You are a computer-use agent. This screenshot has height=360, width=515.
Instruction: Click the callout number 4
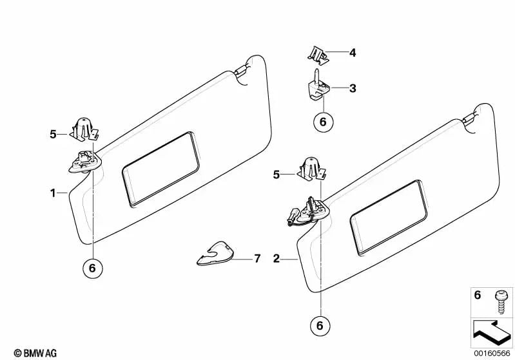tap(353, 53)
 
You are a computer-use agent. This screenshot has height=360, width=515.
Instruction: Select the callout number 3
tap(353, 88)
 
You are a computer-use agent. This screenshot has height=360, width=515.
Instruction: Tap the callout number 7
tap(257, 259)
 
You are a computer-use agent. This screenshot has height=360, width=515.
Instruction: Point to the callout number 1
tap(53, 193)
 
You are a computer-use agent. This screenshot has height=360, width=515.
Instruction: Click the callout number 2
tap(277, 259)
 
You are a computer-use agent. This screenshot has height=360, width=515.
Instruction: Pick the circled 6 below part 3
tap(323, 122)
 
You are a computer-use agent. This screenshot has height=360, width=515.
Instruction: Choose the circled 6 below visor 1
tap(92, 268)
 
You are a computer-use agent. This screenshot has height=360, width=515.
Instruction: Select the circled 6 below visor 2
tap(320, 325)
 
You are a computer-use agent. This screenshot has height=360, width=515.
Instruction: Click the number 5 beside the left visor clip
tap(53, 134)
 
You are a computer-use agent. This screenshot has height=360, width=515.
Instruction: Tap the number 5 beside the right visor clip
tap(277, 175)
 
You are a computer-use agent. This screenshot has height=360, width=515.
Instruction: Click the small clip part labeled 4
tap(318, 56)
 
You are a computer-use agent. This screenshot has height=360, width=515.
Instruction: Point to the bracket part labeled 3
tap(318, 87)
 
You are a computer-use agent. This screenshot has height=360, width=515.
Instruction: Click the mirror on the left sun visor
tap(160, 169)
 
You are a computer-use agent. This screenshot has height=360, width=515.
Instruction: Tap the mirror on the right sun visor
tap(389, 217)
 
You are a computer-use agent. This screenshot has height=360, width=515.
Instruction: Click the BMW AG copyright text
tap(35, 353)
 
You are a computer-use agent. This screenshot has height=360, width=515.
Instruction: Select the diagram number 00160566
tap(492, 353)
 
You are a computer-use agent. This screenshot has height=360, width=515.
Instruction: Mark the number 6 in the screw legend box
tap(478, 296)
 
